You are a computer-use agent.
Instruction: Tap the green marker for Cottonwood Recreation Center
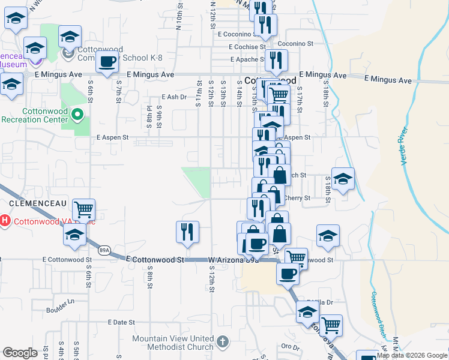point(77,113)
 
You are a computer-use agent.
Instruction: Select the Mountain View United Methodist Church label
point(173,343)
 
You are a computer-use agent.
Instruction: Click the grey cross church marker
point(222,342)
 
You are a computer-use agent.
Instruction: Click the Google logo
point(20,353)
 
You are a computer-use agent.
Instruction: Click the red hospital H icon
point(5,221)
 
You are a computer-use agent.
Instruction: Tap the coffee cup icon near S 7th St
point(107,62)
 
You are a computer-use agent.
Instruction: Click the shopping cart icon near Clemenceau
point(84,209)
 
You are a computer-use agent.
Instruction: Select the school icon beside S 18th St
point(343,179)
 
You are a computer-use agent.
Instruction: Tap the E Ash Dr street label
point(175,97)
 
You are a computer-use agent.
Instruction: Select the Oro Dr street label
point(291,347)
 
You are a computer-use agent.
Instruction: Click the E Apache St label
point(249,60)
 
